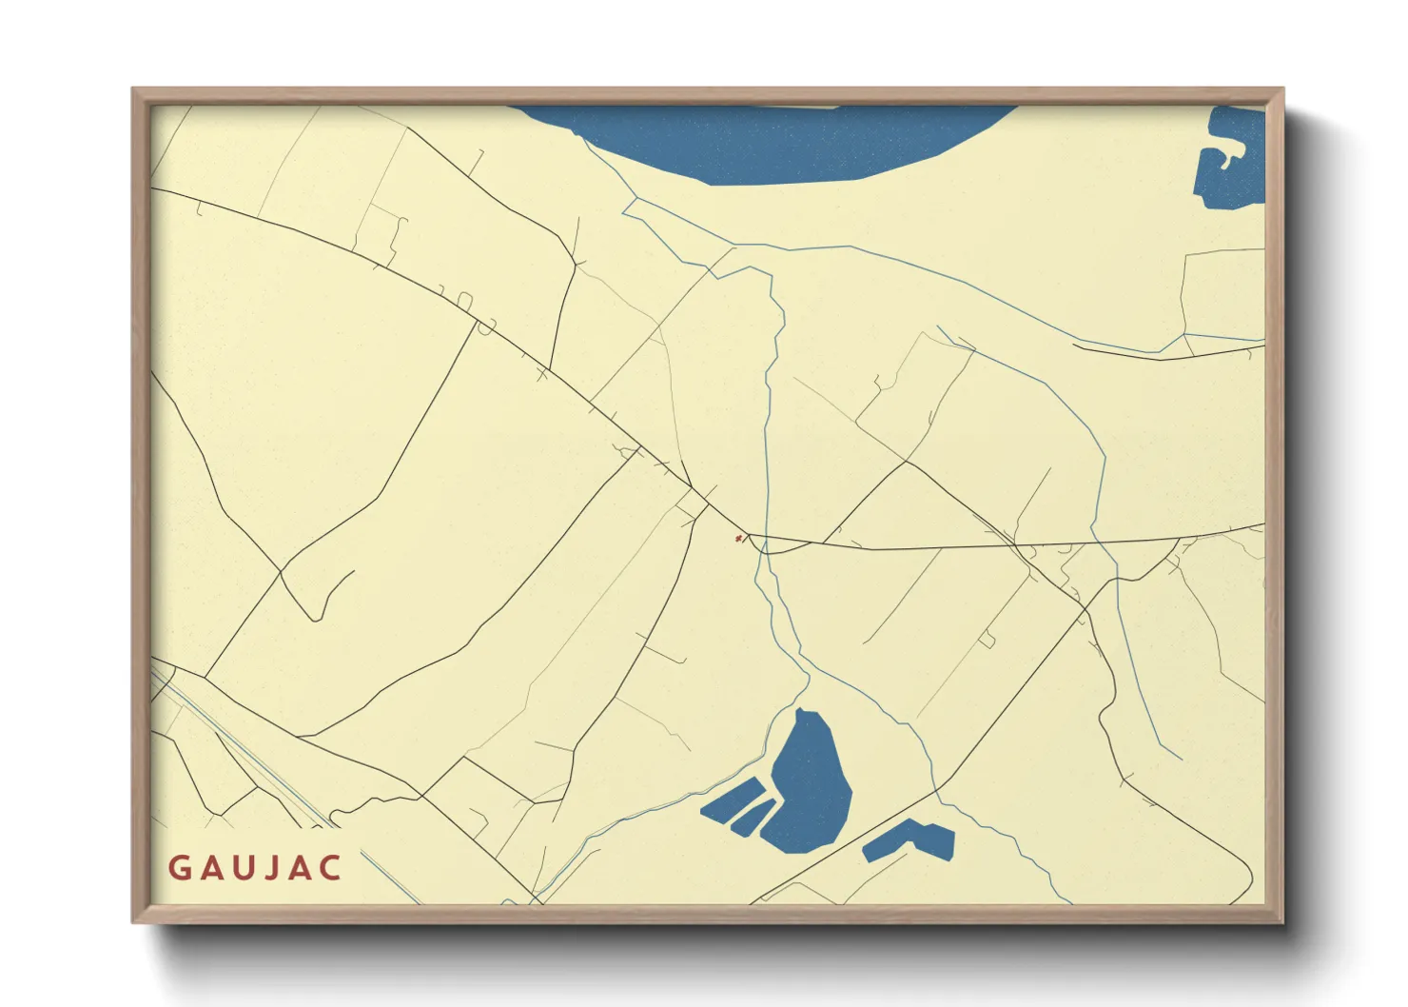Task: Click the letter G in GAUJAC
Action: [x=179, y=868]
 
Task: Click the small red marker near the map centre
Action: [x=738, y=539]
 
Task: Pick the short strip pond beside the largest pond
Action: [x=753, y=818]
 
